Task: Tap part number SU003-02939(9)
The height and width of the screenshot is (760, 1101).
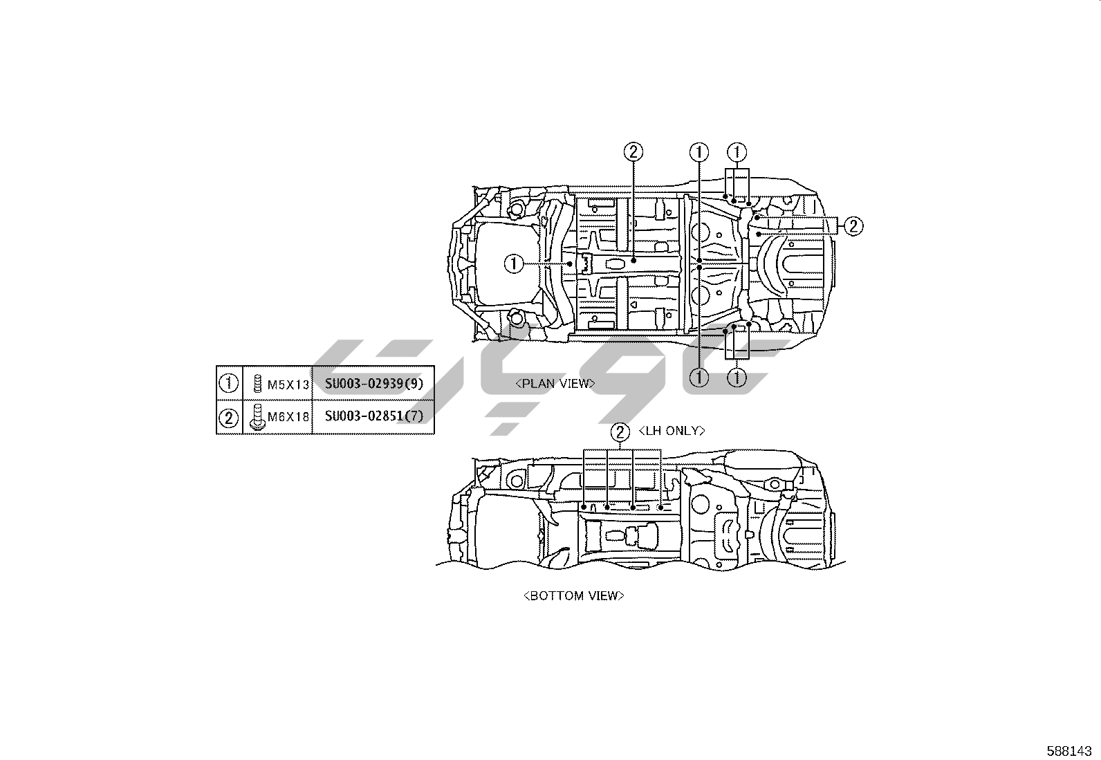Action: coord(373,382)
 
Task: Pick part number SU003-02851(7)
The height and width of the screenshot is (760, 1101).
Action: coord(373,416)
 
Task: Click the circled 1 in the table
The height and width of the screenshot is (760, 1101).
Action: coord(229,382)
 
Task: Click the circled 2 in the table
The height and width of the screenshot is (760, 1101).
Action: coord(229,417)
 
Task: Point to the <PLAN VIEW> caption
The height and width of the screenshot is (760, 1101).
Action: coord(555,383)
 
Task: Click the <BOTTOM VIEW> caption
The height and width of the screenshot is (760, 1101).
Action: coord(574,595)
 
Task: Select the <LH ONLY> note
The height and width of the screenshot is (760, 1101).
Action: coord(672,431)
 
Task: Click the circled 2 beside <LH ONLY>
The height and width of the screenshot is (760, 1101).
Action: coord(620,432)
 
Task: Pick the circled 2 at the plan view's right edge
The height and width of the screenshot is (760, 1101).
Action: coord(853,225)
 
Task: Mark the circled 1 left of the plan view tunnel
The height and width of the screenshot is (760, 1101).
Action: coord(514,264)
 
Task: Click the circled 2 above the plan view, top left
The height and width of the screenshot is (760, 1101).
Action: coord(633,151)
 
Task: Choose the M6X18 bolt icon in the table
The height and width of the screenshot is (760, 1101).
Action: coord(255,417)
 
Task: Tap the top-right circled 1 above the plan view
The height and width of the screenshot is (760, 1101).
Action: coord(738,151)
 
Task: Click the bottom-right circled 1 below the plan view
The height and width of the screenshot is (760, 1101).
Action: coord(738,378)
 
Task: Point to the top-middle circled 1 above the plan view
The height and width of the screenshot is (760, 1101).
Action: coord(700,151)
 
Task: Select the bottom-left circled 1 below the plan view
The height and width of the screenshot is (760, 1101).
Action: coord(700,378)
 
